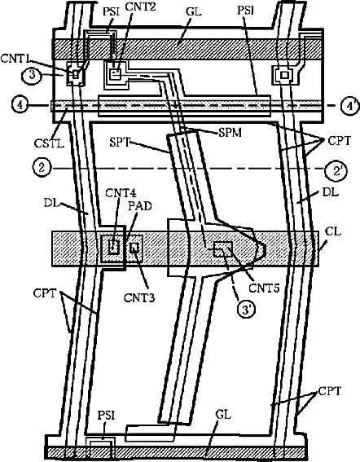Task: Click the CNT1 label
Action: click(15, 58)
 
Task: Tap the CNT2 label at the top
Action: click(140, 7)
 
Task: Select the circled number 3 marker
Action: click(32, 75)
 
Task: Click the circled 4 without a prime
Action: click(20, 105)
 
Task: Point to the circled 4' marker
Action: click(350, 106)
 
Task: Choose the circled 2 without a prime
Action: click(42, 168)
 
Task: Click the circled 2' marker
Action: click(336, 171)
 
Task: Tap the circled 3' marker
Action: click(246, 310)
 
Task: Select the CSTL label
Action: click(49, 143)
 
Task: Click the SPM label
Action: click(230, 133)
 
